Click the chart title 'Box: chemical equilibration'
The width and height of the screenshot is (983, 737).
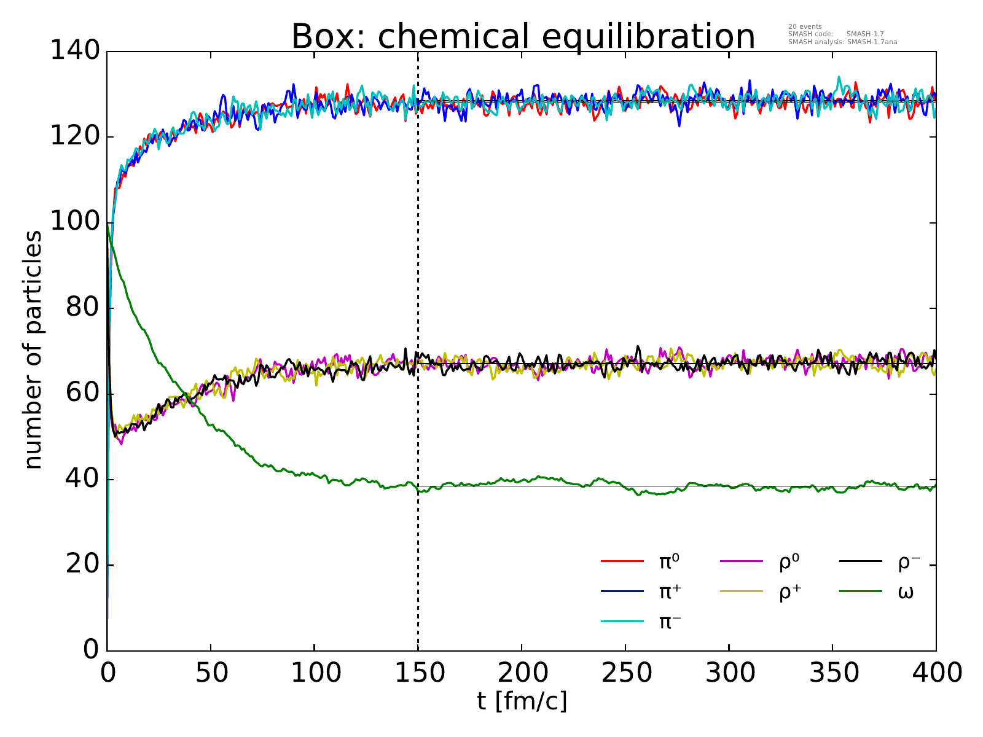[523, 37]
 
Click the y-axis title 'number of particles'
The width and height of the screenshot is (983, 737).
[34, 350]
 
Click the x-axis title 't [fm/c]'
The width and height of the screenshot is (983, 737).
[522, 700]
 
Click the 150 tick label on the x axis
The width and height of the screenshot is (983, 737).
[418, 673]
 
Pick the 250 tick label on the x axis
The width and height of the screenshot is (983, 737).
[625, 673]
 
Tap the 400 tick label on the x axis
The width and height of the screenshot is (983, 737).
[936, 673]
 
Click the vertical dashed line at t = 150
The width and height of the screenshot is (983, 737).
[418, 276]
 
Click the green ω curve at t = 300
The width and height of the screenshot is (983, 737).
[729, 486]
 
